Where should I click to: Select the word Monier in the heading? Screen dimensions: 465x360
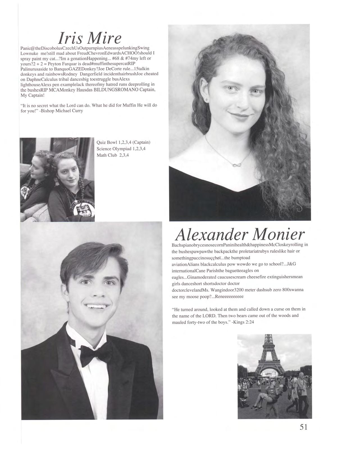[278, 234]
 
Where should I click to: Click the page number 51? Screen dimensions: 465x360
[304, 427]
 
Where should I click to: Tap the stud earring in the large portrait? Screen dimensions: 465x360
[207, 99]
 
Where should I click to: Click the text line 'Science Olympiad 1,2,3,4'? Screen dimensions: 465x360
[121, 149]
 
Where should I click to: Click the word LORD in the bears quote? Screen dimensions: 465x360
[208, 316]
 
